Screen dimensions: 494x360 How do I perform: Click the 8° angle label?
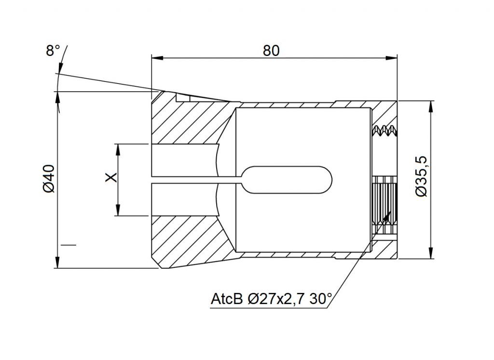pos(53,51)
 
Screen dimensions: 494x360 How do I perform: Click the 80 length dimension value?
pos(271,51)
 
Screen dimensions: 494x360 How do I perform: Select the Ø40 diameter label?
pos(49,179)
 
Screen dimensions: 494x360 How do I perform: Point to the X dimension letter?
pos(111,177)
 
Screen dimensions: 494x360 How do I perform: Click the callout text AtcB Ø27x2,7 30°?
pos(271,299)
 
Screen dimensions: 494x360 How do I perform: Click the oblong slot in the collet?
pos(287,180)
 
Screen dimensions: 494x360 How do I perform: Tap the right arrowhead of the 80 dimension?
pos(391,58)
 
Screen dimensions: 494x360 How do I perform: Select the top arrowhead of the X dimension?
pos(118,150)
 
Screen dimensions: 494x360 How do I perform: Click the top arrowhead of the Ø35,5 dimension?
pos(430,107)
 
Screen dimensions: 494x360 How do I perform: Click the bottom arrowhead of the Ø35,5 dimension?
pos(430,253)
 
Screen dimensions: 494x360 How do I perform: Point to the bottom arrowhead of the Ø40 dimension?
pos(57,262)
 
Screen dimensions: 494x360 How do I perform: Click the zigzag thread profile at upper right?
pos(384,131)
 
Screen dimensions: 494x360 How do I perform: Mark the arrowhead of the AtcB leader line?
pos(387,217)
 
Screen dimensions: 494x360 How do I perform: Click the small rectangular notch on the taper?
pos(183,97)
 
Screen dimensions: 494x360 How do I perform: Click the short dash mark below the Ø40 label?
pos(69,245)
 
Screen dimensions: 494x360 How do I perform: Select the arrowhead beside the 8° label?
pos(60,67)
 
